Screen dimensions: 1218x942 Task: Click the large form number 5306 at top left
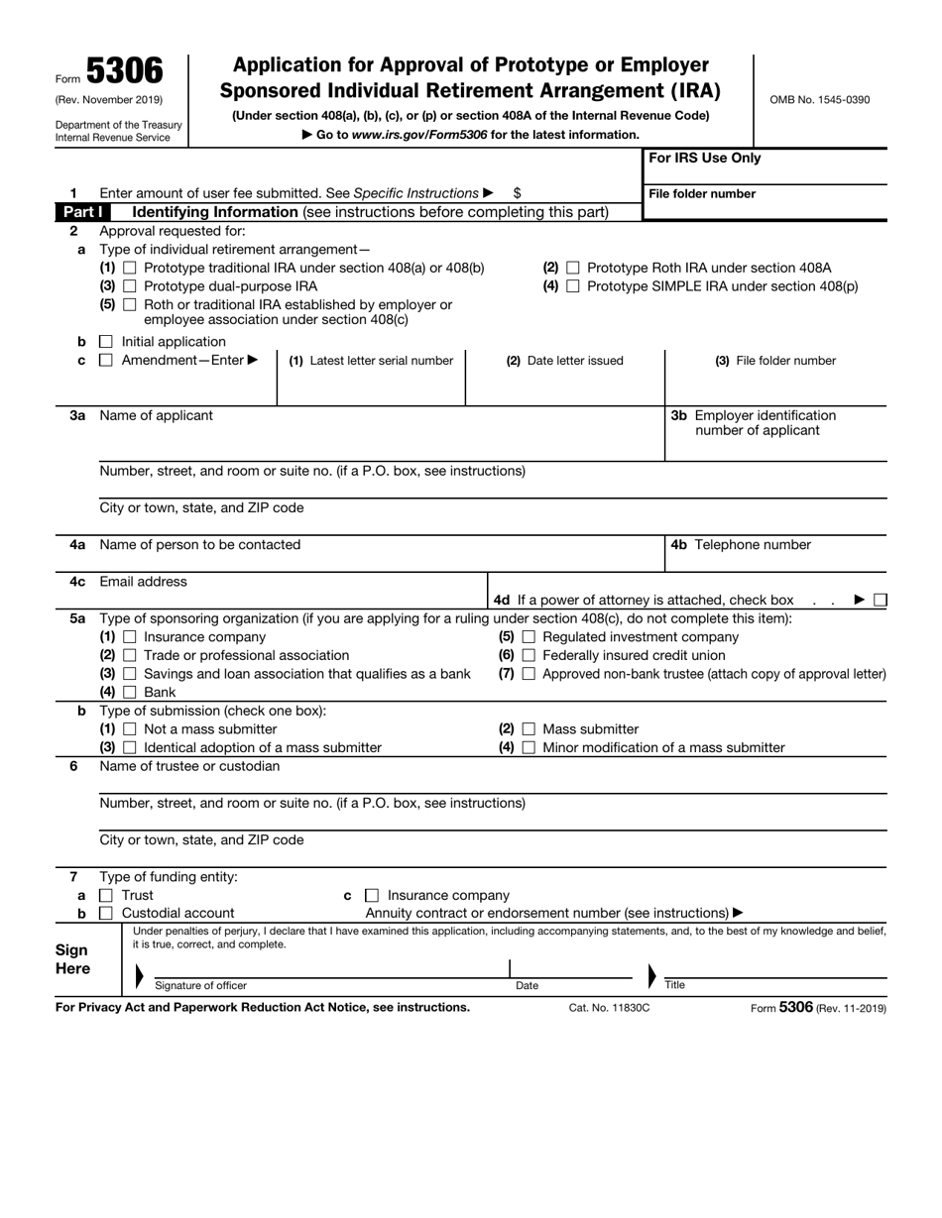(124, 71)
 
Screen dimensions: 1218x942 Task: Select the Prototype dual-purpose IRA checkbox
(131, 286)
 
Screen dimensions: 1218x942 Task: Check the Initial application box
(106, 342)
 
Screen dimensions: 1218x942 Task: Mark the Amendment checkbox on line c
(106, 361)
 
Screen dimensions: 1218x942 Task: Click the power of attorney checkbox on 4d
(881, 600)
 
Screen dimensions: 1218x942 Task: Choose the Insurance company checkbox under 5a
(131, 637)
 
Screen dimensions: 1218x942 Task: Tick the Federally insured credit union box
(529, 656)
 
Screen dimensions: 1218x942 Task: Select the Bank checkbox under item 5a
(131, 692)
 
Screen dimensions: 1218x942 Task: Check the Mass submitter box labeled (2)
(529, 729)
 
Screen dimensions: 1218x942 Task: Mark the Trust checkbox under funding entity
(106, 896)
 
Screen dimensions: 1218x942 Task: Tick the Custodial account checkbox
(106, 914)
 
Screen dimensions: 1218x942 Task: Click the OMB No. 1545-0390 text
(819, 100)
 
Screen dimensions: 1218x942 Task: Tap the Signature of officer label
(201, 986)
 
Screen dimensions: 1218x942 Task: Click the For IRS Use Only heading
(705, 159)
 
